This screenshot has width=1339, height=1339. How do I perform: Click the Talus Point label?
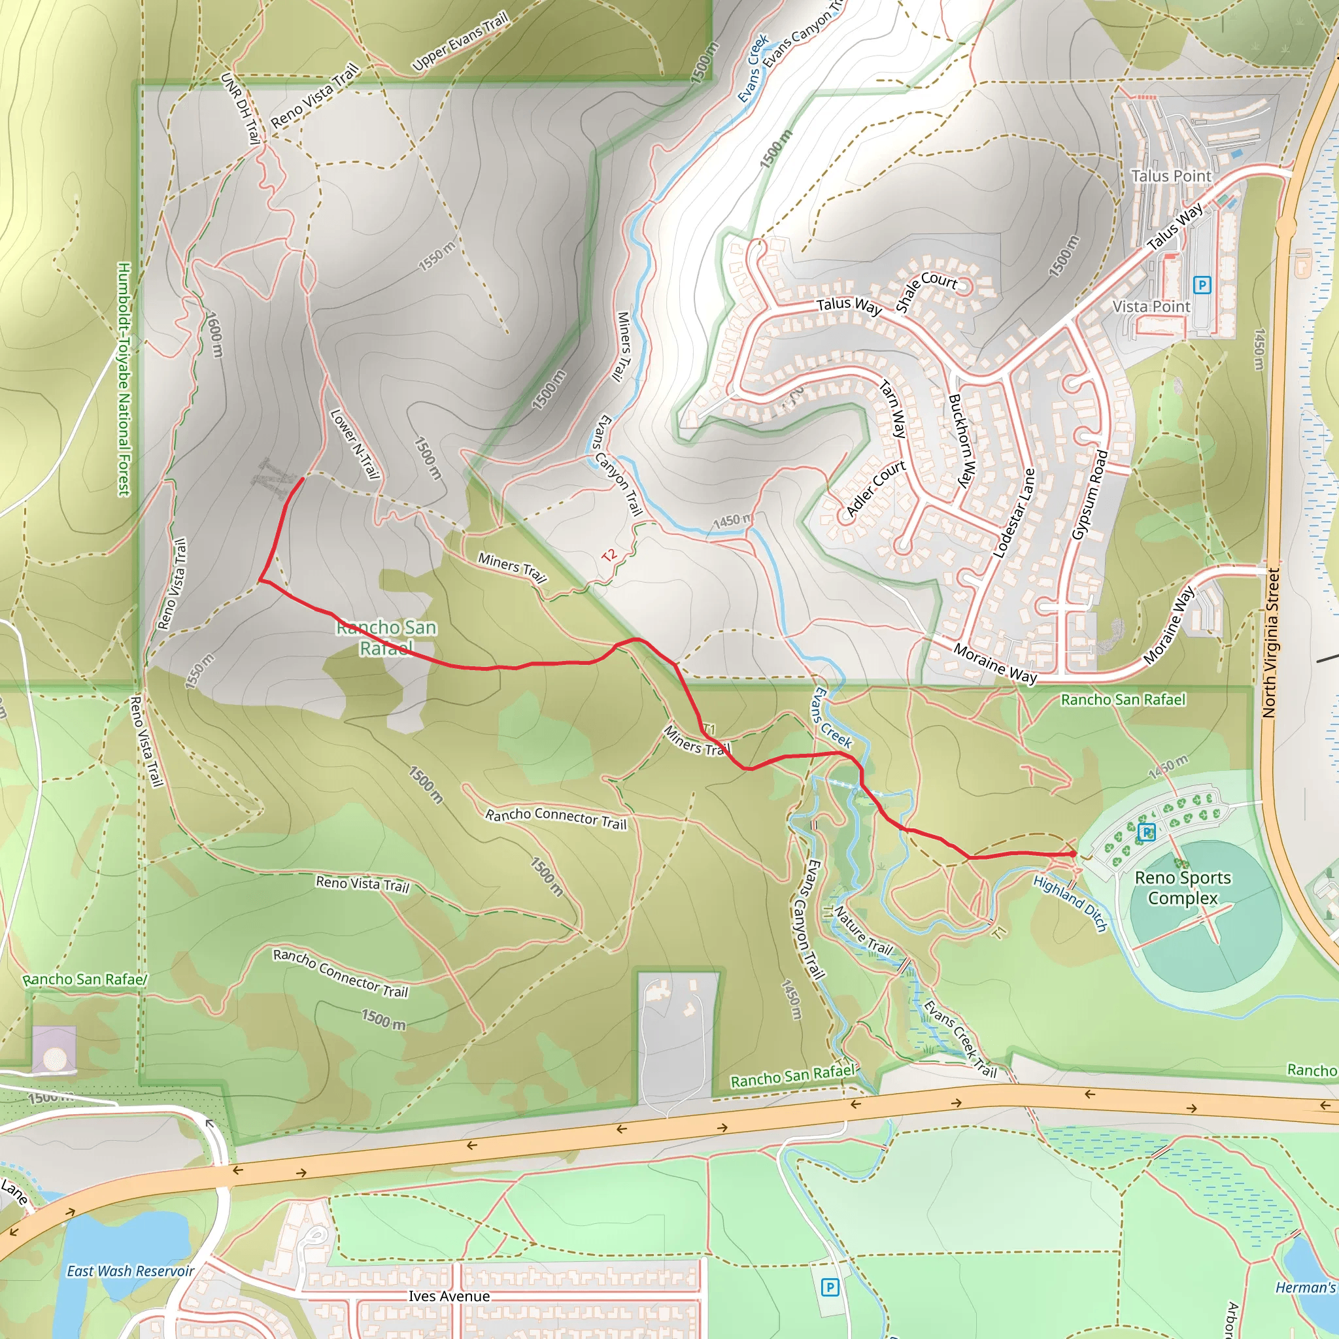[x=1170, y=176]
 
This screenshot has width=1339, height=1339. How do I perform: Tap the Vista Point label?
[x=1151, y=307]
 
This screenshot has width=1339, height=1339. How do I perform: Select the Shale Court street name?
[x=926, y=290]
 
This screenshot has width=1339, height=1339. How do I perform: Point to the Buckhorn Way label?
[x=962, y=440]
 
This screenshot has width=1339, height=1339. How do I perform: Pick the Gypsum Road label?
[x=1089, y=495]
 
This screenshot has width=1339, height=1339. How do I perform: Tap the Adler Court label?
[x=875, y=488]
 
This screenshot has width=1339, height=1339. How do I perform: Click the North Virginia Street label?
[x=1270, y=643]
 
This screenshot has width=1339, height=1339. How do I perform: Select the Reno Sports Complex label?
[x=1182, y=888]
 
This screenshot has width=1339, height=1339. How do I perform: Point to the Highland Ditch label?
[x=1070, y=903]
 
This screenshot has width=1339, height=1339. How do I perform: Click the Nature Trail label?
[x=863, y=930]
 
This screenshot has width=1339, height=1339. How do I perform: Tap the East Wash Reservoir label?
[x=130, y=1270]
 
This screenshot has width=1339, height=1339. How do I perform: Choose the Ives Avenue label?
[x=449, y=1295]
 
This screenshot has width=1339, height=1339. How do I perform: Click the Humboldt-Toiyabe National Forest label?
[x=124, y=379]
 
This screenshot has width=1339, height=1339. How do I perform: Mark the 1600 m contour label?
[x=214, y=334]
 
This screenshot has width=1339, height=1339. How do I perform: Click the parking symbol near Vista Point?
[x=1202, y=285]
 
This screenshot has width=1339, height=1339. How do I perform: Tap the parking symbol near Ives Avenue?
[x=830, y=1288]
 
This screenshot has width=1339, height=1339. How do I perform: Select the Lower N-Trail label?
[x=355, y=444]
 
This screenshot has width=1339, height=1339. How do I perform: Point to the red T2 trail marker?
[x=609, y=555]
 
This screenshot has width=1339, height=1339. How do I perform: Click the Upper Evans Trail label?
[x=460, y=42]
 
